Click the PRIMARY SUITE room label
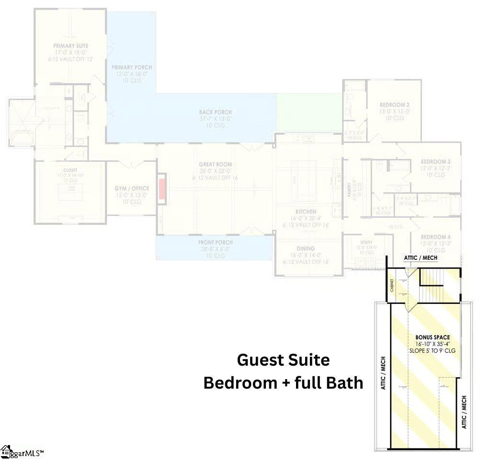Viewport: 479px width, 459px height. coord(71,46)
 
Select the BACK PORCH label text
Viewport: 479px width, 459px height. coord(216,112)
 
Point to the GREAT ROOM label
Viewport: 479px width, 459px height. coord(216,165)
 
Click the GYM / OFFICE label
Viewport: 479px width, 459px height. coord(132,189)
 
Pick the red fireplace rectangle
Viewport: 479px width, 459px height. coord(162,188)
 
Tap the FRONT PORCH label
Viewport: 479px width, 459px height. coord(216,243)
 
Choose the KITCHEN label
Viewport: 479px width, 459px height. coord(306,212)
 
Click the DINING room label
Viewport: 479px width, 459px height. coord(306,248)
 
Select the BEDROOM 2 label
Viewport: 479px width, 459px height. coord(394,105)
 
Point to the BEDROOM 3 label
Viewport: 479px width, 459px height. coord(435,162)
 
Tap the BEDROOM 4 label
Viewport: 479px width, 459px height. coord(435,237)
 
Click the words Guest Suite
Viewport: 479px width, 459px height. coord(283,359)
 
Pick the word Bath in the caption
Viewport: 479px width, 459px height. coord(346,383)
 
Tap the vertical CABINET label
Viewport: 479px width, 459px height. coord(392,287)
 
